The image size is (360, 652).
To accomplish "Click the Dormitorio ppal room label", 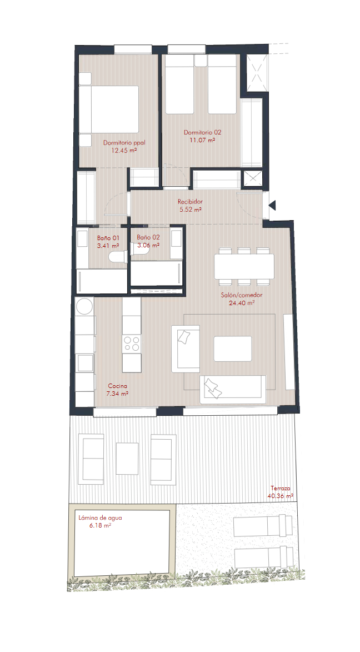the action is tap(124, 143).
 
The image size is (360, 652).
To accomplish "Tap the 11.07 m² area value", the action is tap(202, 140).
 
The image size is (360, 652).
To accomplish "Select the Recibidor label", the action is tap(191, 202).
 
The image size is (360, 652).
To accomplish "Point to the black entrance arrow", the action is tap(272, 205).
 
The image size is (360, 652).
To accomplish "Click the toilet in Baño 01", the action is tap(118, 257).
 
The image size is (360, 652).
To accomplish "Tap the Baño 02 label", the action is tap(148, 237).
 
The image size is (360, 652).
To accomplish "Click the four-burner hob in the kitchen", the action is tap(132, 344).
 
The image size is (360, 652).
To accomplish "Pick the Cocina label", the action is tap(118, 386).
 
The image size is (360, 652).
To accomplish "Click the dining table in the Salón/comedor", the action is tap(244, 267).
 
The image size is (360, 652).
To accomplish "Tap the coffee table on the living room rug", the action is tap(233, 349).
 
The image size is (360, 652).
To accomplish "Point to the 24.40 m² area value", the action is tap(242, 303).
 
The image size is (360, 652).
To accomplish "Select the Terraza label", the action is tap(281, 489).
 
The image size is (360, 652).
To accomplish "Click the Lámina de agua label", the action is tap(100, 518).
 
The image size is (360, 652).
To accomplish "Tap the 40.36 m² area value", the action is tap(281, 496).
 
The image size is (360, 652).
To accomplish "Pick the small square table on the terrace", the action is tap(127, 458).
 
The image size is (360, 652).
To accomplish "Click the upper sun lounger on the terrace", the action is tap(263, 526).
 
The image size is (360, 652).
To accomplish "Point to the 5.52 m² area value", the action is tap(191, 210).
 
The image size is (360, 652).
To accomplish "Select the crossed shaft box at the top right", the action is tap(255, 73).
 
